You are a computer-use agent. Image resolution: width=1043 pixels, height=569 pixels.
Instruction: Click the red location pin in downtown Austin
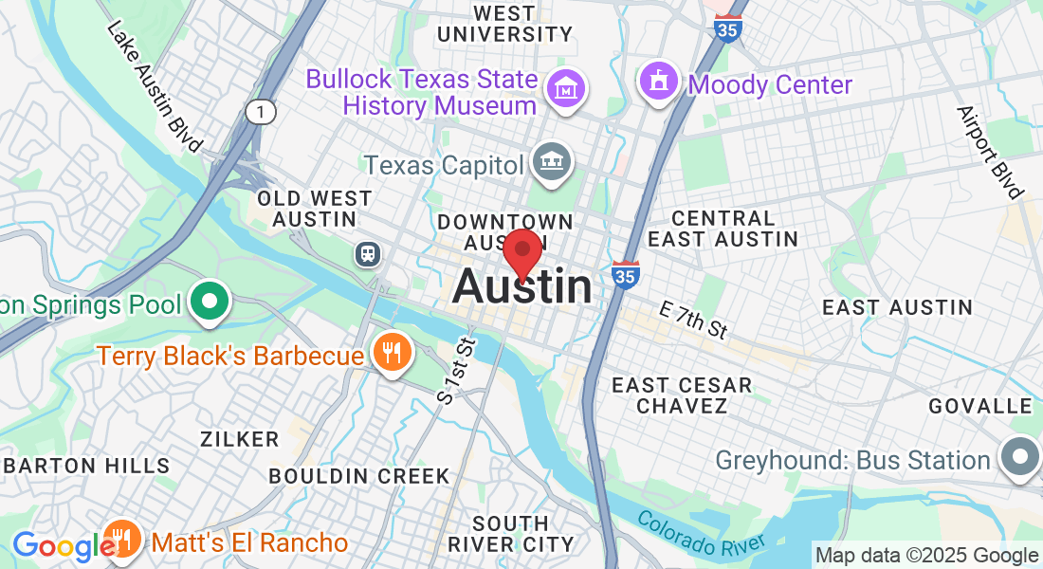click(521, 251)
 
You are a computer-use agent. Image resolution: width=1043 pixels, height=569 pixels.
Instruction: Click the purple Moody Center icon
click(658, 82)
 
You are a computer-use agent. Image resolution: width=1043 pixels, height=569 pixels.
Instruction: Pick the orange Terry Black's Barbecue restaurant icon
click(391, 354)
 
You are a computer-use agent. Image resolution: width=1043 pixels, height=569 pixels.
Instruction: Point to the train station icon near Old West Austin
click(366, 254)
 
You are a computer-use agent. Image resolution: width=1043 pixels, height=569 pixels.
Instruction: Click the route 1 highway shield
click(261, 112)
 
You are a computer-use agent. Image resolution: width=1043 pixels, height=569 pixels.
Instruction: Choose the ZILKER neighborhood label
click(239, 439)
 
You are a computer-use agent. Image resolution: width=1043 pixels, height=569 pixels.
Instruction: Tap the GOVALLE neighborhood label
click(979, 406)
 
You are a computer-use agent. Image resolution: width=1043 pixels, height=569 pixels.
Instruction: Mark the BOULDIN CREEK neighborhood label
click(358, 476)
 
